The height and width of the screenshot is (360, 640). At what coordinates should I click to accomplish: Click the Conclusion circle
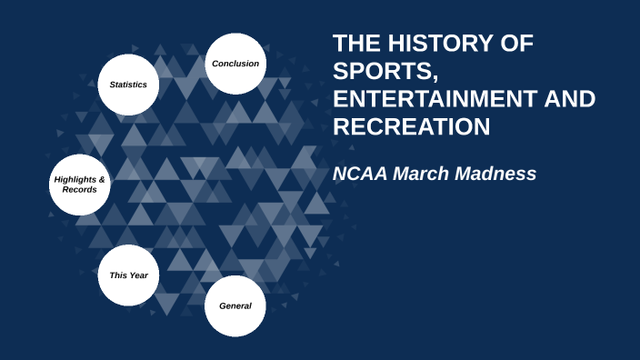point(235,64)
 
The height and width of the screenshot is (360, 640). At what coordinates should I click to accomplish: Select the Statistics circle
point(129,85)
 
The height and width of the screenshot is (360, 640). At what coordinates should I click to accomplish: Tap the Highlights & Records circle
point(79,185)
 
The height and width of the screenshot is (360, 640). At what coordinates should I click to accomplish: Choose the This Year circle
point(129,275)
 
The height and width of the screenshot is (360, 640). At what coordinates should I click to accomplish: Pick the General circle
point(235,305)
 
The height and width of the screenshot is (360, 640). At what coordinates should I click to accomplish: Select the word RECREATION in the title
point(411,127)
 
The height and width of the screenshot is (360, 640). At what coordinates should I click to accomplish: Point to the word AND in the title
point(571,100)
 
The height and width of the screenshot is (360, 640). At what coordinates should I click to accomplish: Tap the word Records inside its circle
point(79,190)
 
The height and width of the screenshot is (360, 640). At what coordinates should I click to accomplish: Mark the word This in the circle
point(116,275)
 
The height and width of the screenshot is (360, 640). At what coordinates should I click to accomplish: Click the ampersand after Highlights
point(102,179)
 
